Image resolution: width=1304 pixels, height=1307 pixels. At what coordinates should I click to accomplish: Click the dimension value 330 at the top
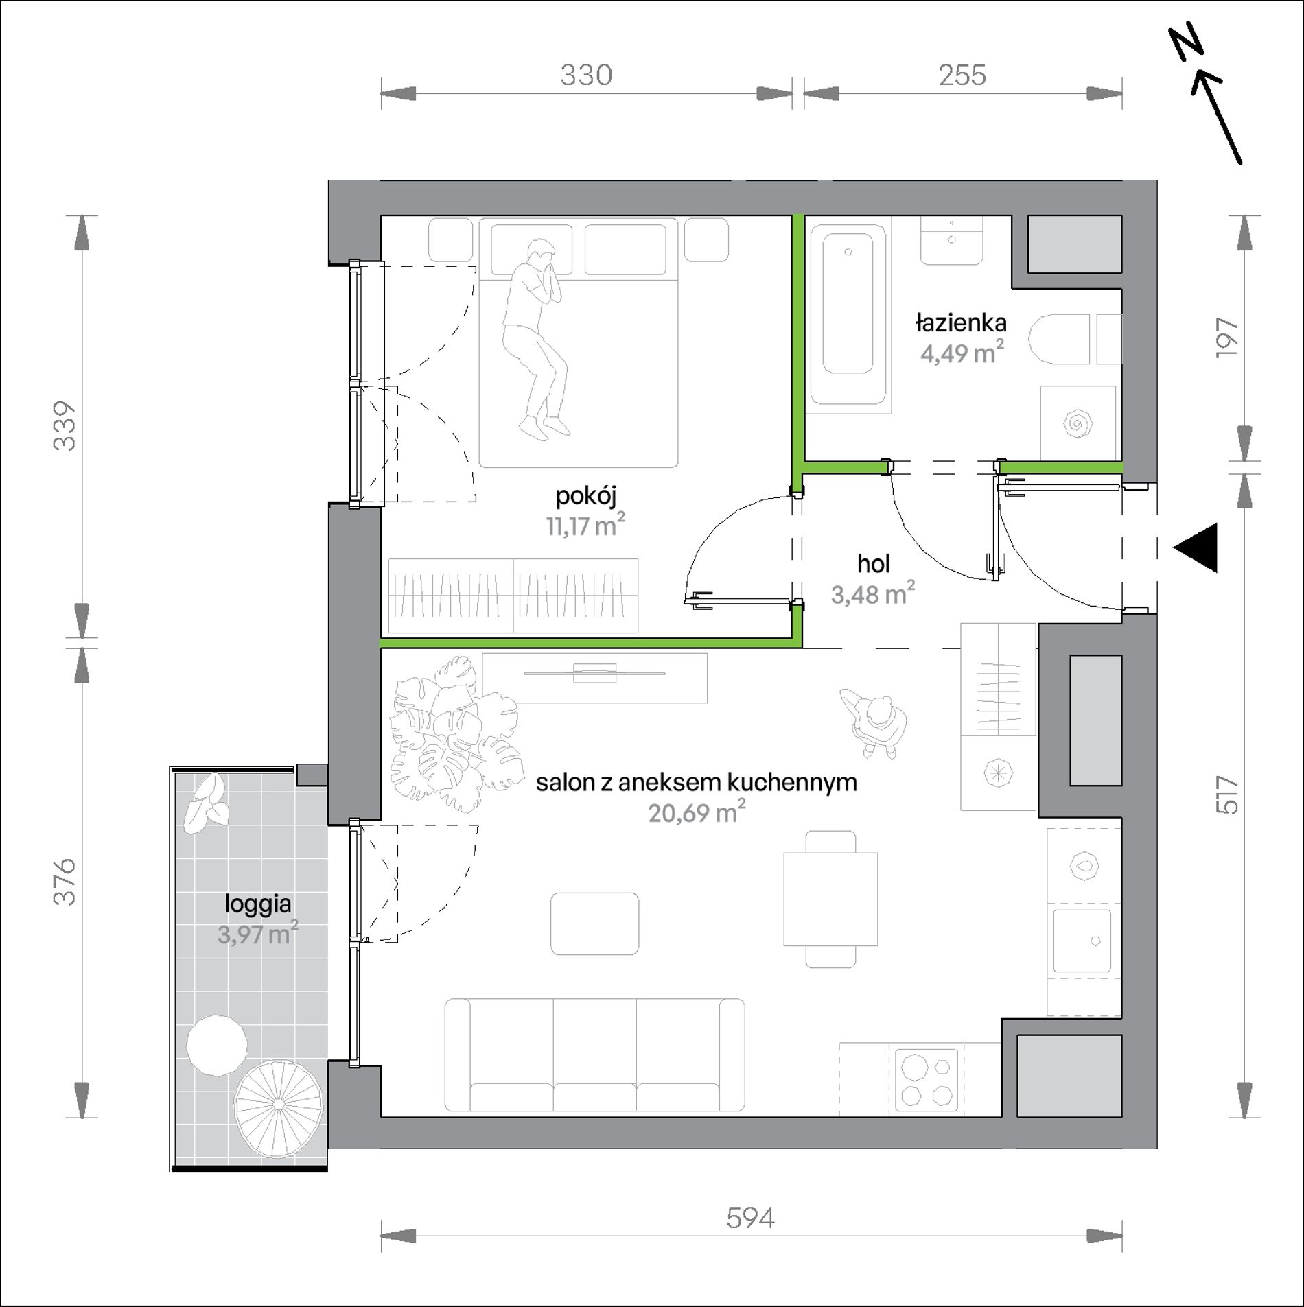tap(585, 75)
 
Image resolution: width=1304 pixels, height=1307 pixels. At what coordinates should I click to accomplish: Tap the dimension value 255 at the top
tap(962, 75)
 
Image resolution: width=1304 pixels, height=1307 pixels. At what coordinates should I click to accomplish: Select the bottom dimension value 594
tap(750, 1218)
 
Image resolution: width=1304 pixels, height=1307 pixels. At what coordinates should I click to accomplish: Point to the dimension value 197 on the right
tap(1227, 337)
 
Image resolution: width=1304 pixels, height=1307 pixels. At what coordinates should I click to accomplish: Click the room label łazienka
tap(961, 322)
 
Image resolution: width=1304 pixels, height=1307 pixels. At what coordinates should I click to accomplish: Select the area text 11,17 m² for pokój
tap(585, 526)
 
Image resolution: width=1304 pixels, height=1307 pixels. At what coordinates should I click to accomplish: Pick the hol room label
tap(873, 564)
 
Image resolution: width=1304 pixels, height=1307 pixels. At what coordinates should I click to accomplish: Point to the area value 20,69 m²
tap(697, 812)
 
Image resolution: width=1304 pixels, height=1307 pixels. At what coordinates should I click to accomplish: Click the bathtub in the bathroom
tap(848, 316)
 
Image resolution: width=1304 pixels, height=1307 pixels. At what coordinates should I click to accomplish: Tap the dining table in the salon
tap(830, 899)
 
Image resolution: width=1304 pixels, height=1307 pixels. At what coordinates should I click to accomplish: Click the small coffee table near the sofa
tap(594, 923)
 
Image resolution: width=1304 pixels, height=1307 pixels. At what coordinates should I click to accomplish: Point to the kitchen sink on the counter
tap(1082, 941)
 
